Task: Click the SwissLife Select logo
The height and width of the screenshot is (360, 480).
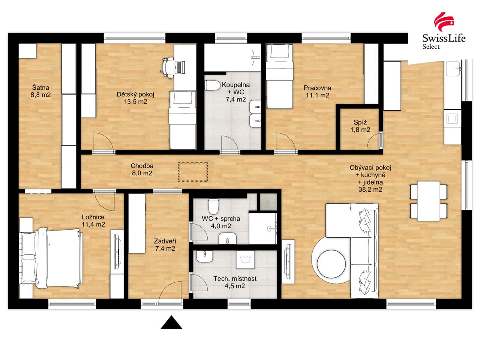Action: click(444, 31)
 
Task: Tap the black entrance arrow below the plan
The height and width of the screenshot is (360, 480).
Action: click(171, 322)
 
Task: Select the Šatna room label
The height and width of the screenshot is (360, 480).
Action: click(40, 88)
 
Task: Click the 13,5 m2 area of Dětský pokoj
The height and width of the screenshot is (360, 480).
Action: click(136, 102)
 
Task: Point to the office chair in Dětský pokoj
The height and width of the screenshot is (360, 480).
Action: click(167, 67)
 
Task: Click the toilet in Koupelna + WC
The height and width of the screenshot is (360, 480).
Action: click(213, 85)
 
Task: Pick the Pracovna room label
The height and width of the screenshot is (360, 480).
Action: click(317, 88)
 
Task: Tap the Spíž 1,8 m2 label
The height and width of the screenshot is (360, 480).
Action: click(360, 126)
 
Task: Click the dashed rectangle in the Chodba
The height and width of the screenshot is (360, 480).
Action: click(193, 172)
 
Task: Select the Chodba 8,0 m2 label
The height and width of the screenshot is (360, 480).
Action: click(142, 169)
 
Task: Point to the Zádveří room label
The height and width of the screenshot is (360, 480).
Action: click(165, 241)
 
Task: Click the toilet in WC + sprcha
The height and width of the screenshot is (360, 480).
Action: click(213, 206)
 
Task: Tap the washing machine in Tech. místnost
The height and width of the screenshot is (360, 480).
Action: click(245, 259)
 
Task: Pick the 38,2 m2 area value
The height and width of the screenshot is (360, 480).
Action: click(370, 189)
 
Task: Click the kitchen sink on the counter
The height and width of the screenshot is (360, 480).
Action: click(453, 69)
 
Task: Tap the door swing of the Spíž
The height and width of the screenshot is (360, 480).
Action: click(374, 141)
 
